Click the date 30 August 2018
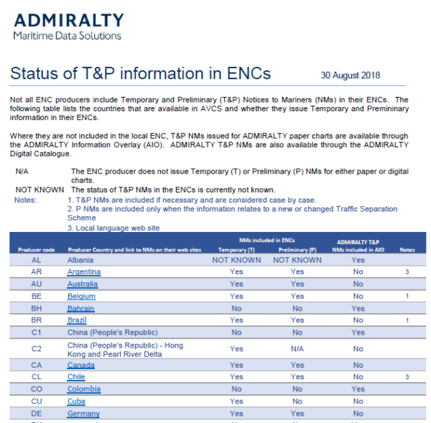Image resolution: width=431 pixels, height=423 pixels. [351, 75]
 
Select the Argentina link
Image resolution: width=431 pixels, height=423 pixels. [84, 272]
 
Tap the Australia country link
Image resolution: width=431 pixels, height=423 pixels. [83, 284]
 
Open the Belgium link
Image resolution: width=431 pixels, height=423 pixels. [81, 296]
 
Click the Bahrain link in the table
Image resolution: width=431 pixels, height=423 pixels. [80, 308]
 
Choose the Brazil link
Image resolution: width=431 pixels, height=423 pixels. [77, 320]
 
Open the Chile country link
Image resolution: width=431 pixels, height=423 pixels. [76, 376]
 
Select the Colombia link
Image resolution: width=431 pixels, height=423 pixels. [83, 389]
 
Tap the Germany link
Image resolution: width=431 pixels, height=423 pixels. [83, 414]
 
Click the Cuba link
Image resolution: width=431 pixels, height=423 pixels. [76, 401]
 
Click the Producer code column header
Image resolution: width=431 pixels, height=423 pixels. [35, 250]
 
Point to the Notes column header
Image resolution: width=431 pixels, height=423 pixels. [407, 250]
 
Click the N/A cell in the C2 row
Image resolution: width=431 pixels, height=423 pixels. [297, 348]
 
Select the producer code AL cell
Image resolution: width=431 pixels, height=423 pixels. [36, 260]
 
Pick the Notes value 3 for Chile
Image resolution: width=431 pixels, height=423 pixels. [407, 376]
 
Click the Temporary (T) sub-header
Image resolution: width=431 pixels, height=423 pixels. [236, 250]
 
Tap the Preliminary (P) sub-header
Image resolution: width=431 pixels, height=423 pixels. [297, 250]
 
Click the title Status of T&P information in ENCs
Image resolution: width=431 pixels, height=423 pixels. [141, 74]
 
